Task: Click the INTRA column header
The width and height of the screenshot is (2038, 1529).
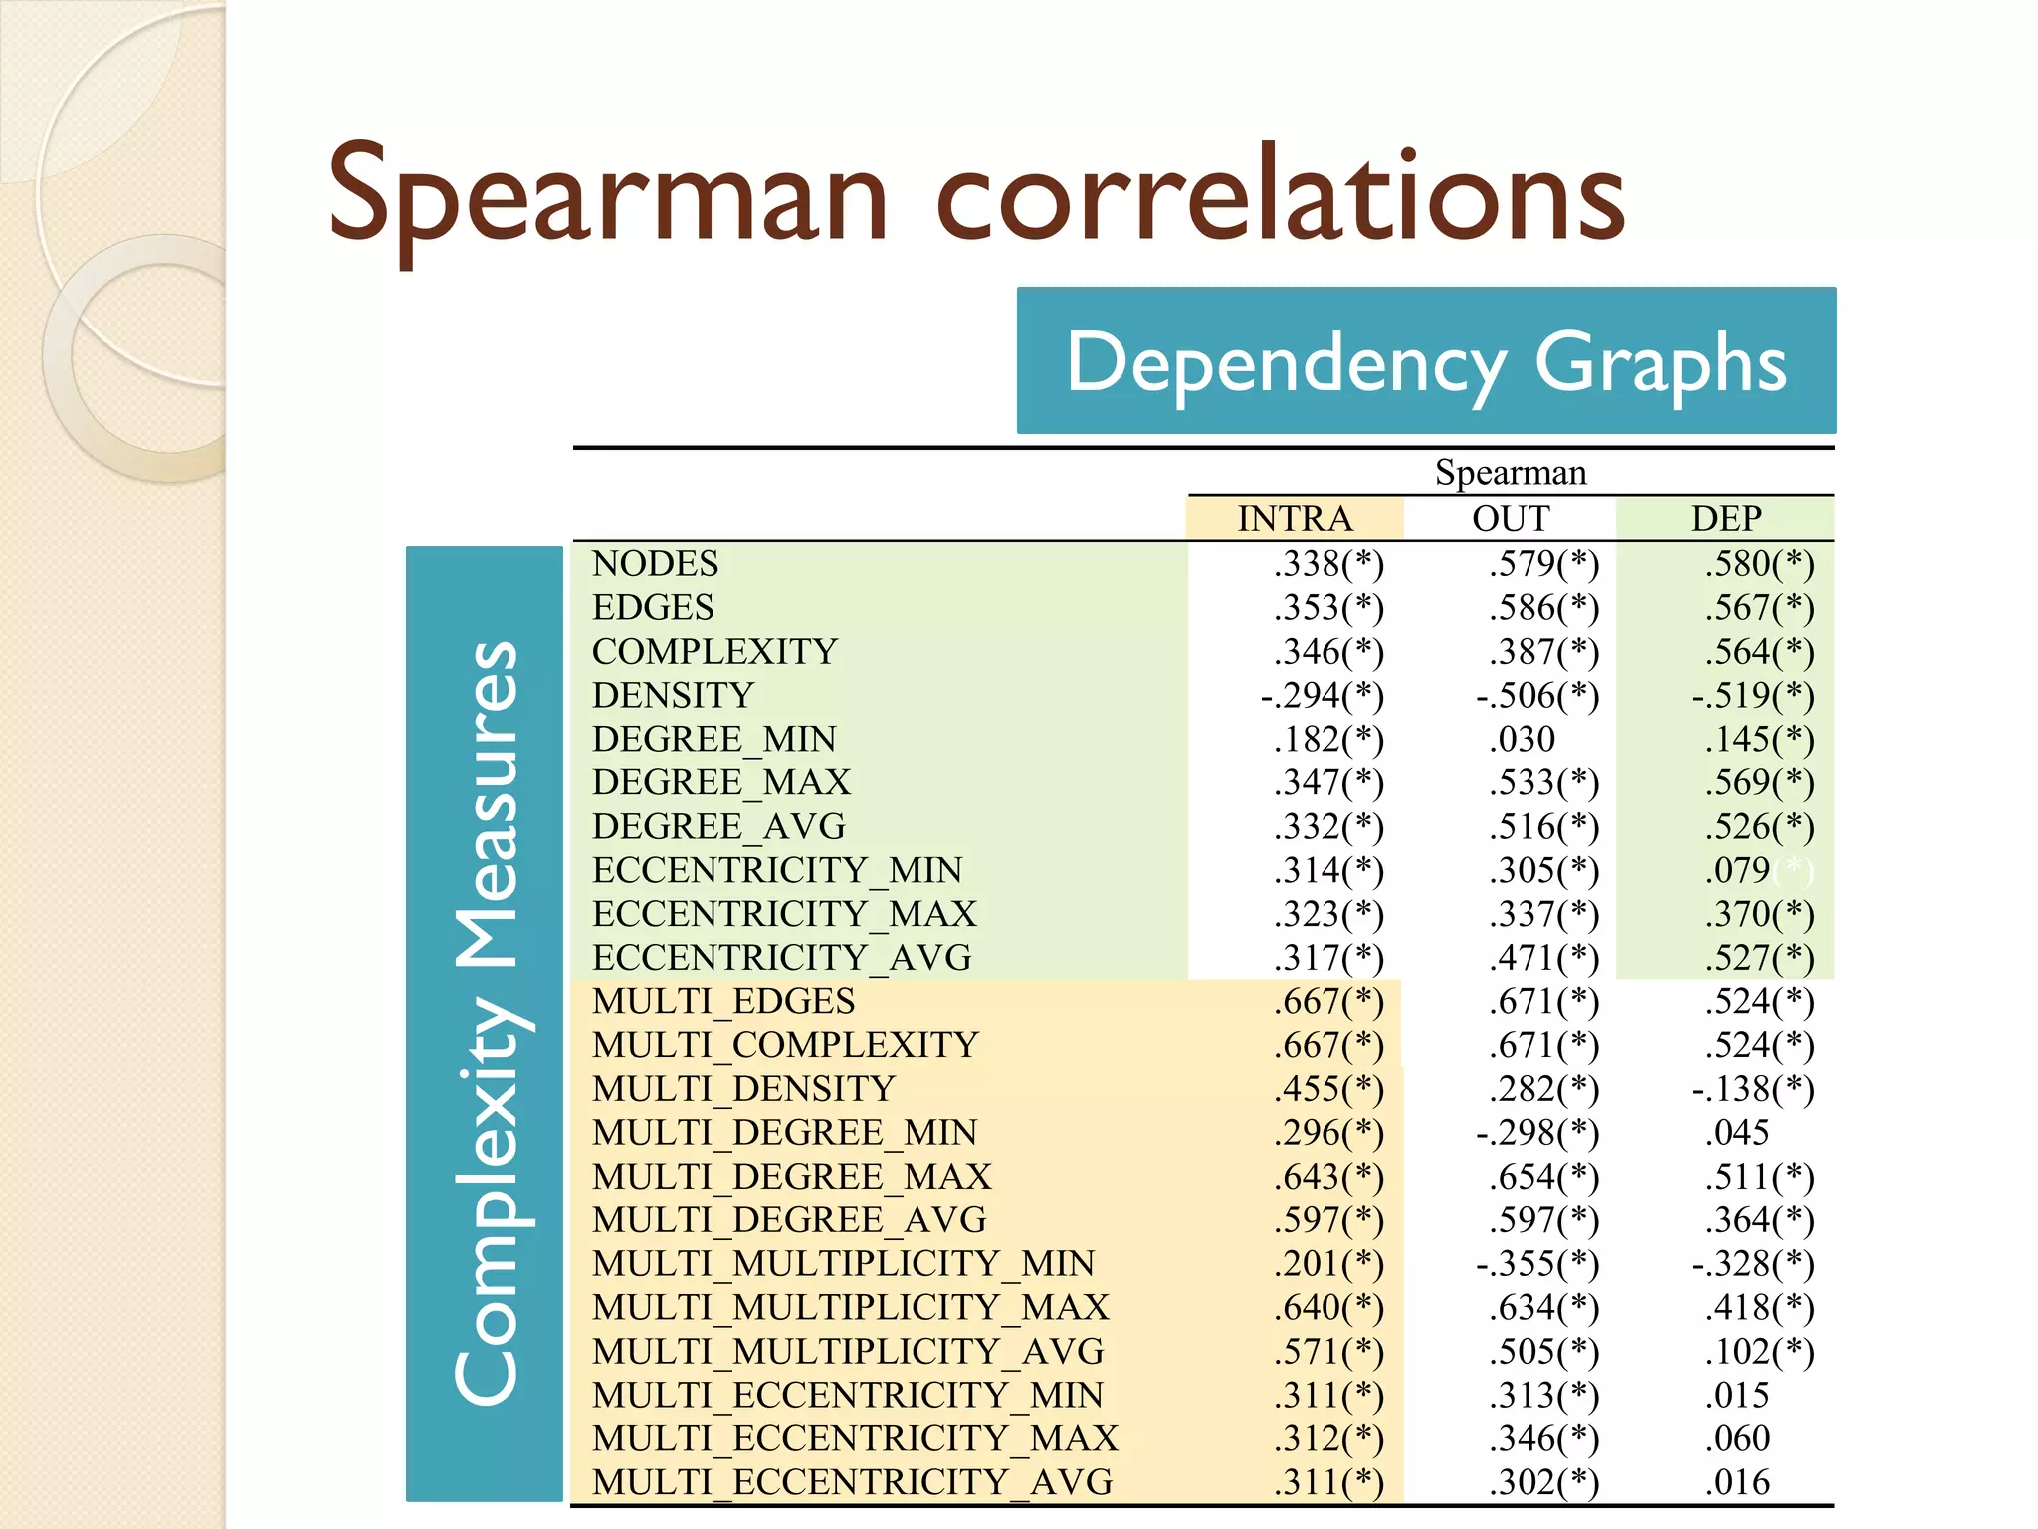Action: click(1295, 519)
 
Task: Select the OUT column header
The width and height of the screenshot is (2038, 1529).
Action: click(1511, 519)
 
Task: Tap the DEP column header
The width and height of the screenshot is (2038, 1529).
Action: click(1726, 519)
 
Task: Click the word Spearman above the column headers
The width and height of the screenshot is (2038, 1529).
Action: click(1511, 472)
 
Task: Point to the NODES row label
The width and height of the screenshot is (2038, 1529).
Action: click(655, 564)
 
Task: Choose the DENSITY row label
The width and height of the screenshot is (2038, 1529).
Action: click(673, 695)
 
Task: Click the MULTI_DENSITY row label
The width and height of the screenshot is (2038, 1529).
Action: click(743, 1089)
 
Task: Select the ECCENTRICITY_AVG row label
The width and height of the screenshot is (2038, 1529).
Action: click(781, 958)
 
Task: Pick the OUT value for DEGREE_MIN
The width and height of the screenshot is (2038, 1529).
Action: click(1522, 739)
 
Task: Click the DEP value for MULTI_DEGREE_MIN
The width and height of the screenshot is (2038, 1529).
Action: click(1736, 1133)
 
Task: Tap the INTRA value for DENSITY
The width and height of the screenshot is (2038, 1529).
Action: click(1322, 695)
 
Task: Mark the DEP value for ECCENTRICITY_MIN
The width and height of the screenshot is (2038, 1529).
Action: click(1737, 870)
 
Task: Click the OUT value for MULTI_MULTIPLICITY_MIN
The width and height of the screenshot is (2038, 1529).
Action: click(1537, 1264)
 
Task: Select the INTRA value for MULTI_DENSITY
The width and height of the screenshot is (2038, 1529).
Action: click(1328, 1089)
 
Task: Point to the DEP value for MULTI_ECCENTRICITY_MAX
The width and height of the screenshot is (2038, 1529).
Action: click(1736, 1438)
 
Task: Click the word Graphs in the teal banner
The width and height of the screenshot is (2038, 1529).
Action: click(1660, 362)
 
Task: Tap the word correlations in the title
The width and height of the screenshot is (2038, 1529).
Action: click(1280, 195)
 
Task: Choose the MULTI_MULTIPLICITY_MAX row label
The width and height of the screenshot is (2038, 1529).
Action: click(850, 1307)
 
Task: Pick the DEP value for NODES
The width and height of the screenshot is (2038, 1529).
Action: click(1758, 564)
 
